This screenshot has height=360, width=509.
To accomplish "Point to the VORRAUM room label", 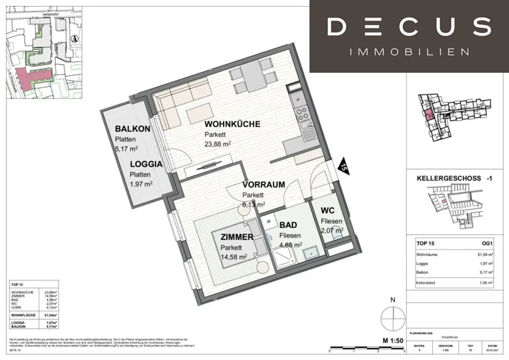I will (263, 184).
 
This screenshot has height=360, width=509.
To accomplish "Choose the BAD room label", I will (288, 225).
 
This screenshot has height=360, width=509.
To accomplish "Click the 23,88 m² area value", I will (219, 144).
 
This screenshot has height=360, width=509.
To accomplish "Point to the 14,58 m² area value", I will (234, 257).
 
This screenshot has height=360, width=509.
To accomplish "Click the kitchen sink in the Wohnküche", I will (308, 133).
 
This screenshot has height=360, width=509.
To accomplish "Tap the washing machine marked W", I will (268, 221).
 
